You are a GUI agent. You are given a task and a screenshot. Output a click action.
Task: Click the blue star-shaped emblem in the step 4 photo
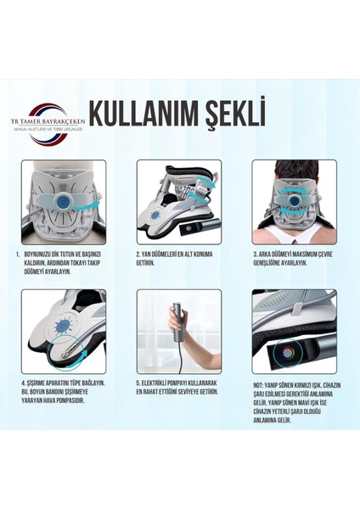tap(57, 332)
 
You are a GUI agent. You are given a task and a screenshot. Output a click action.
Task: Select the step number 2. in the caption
tap(138, 253)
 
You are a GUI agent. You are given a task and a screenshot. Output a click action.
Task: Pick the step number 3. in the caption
tap(254, 253)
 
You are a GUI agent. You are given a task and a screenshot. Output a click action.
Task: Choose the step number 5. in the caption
tap(138, 383)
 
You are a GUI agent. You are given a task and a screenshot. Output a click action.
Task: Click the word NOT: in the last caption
tap(259, 383)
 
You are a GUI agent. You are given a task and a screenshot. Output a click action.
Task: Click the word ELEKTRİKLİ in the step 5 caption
tap(161, 383)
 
